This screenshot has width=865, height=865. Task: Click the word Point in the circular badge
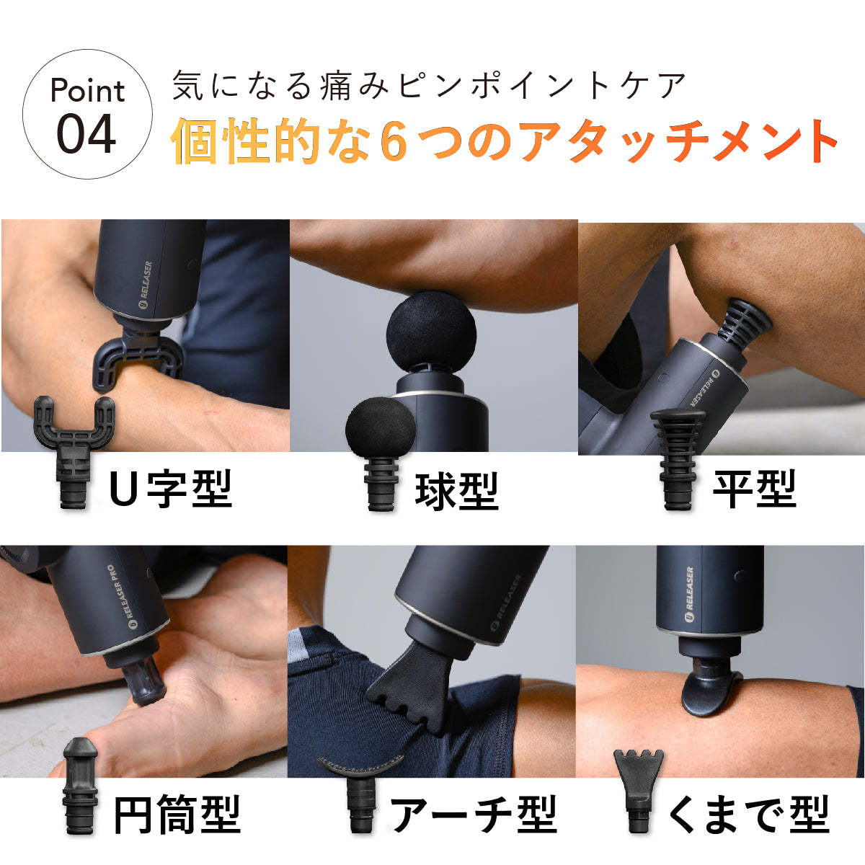click(87, 91)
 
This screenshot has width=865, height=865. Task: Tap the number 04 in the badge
click(86, 133)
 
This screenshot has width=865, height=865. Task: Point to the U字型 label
click(171, 489)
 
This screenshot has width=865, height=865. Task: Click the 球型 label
click(456, 491)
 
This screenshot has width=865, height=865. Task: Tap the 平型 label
click(754, 489)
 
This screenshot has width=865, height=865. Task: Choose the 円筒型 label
click(177, 815)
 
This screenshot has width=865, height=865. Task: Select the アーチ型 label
click(474, 815)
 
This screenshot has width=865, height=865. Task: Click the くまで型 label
click(748, 815)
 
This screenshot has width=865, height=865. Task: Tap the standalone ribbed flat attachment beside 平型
click(678, 458)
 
